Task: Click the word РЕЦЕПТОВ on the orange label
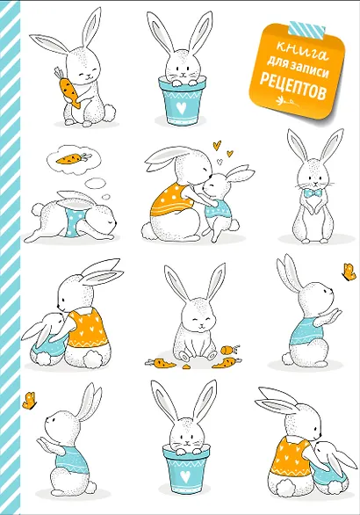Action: tap(292, 87)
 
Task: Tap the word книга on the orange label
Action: tap(303, 52)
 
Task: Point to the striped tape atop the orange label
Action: tap(306, 29)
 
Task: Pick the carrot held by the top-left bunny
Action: tap(69, 87)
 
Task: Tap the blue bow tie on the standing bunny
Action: tap(314, 192)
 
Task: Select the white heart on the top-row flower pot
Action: tap(181, 107)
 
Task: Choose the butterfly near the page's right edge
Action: tap(349, 272)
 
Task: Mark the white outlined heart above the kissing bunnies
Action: tap(220, 162)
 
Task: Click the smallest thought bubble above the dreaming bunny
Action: tap(105, 197)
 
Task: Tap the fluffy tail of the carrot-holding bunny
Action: tap(109, 112)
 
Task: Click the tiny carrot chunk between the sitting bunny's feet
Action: tap(186, 366)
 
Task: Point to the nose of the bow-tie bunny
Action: tap(315, 184)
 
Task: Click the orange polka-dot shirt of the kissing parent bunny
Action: tap(170, 200)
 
